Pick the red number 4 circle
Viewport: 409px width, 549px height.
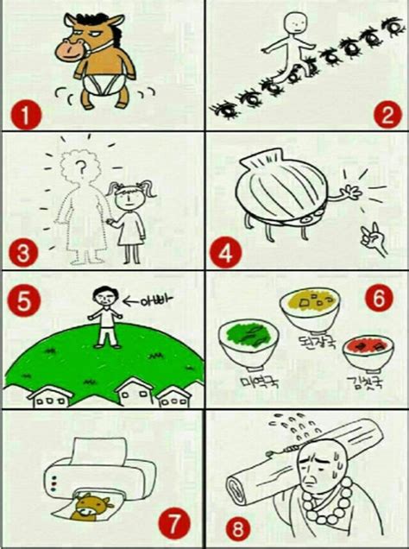pyautogui.click(x=226, y=253)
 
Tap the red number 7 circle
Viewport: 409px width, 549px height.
pyautogui.click(x=174, y=521)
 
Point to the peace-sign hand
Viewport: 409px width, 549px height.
pyautogui.click(x=373, y=233)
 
